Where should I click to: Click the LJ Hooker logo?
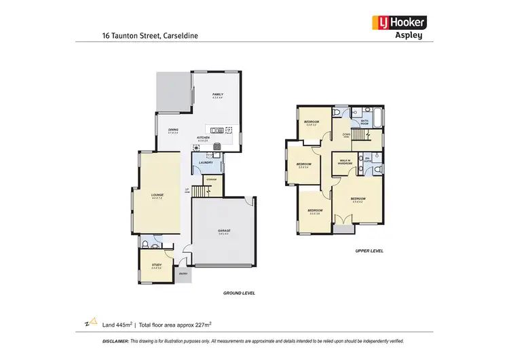pos(397,22)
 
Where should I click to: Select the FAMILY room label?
pos(218,95)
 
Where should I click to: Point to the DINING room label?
pos(173,130)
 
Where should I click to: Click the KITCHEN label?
pos(203,138)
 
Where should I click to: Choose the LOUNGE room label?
pos(157,196)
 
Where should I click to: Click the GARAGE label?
pos(224,232)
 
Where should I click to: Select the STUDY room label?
pos(156,266)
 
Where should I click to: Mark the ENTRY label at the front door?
pos(183,273)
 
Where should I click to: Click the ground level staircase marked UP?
pos(199,192)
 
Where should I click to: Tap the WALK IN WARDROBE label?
pos(344,162)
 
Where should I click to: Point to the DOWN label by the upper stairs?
pos(346,134)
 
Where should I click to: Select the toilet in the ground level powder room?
pos(146,242)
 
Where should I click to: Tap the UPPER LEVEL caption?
pos(369,251)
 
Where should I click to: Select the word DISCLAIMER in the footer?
pos(115,342)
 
